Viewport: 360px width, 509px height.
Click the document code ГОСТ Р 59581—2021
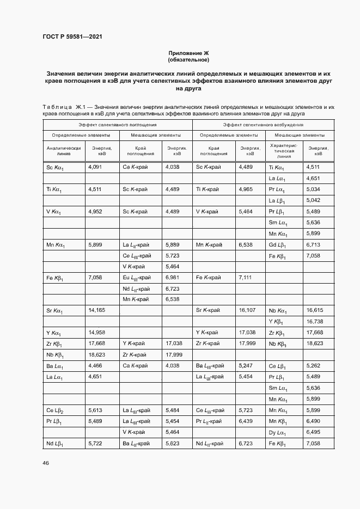pos(72,37)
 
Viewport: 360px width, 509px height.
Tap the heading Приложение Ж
pos(188,53)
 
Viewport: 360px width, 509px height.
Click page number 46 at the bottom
pos(46,463)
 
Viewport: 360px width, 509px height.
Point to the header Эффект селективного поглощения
pos(117,125)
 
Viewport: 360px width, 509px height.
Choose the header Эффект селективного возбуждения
pos(259,125)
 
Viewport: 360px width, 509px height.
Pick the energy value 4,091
pos(95,167)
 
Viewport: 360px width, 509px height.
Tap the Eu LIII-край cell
pos(136,278)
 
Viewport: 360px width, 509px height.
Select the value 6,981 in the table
pos(172,277)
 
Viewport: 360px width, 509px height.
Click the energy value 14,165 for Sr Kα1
pos(96,310)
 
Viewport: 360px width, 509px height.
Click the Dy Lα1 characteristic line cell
pos(278,433)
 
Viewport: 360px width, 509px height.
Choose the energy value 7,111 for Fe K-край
pos(246,277)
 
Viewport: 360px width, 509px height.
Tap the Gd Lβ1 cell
pos(277,245)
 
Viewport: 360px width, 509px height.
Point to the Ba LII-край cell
pos(136,444)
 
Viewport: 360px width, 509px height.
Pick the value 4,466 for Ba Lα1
pos(95,365)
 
